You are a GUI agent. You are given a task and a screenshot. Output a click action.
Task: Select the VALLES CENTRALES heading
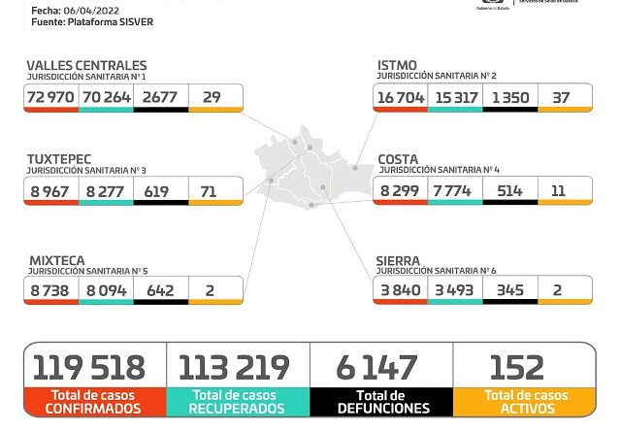point(86,66)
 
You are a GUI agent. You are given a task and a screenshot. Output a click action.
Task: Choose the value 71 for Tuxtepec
point(214,191)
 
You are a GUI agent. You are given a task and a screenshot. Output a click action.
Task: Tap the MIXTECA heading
point(56,261)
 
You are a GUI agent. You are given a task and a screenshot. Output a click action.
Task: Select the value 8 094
point(105,290)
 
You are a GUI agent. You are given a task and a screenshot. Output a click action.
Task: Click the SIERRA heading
point(399,261)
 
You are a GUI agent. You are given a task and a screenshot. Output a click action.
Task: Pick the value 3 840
point(400,290)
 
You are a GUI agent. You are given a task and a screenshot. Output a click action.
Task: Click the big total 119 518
point(89,368)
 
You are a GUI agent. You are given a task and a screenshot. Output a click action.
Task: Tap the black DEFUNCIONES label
point(380,402)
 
